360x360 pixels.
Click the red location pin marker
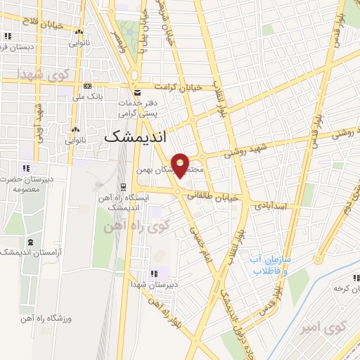click(x=181, y=164)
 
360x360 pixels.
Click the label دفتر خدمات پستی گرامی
click(x=148, y=108)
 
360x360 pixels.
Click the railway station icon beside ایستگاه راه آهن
click(x=124, y=186)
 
